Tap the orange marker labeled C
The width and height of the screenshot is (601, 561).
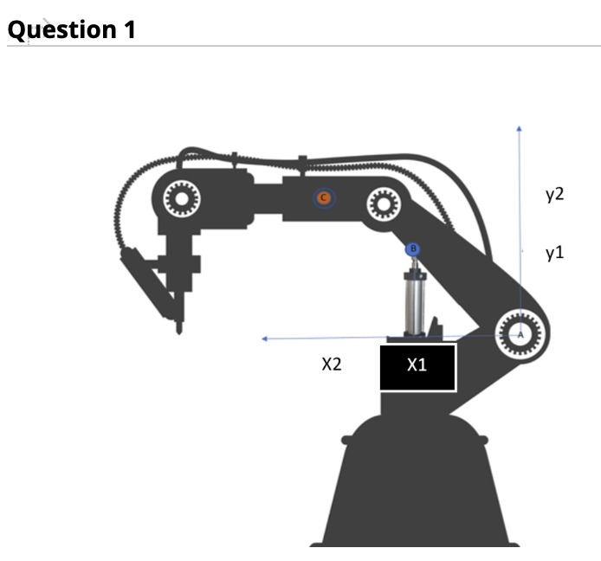(x=324, y=198)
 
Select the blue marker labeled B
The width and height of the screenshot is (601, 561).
(x=413, y=249)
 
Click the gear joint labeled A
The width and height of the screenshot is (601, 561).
(x=520, y=332)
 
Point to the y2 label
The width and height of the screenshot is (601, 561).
(x=554, y=194)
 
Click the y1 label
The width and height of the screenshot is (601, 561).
(x=554, y=253)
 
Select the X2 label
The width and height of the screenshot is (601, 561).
(x=331, y=364)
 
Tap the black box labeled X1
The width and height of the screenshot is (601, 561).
(x=417, y=366)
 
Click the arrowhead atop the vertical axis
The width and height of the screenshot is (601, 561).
(x=519, y=128)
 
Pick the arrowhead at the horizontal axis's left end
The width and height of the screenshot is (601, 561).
(x=266, y=339)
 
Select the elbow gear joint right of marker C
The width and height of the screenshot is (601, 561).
(x=380, y=204)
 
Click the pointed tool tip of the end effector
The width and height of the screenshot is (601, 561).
(x=179, y=329)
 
